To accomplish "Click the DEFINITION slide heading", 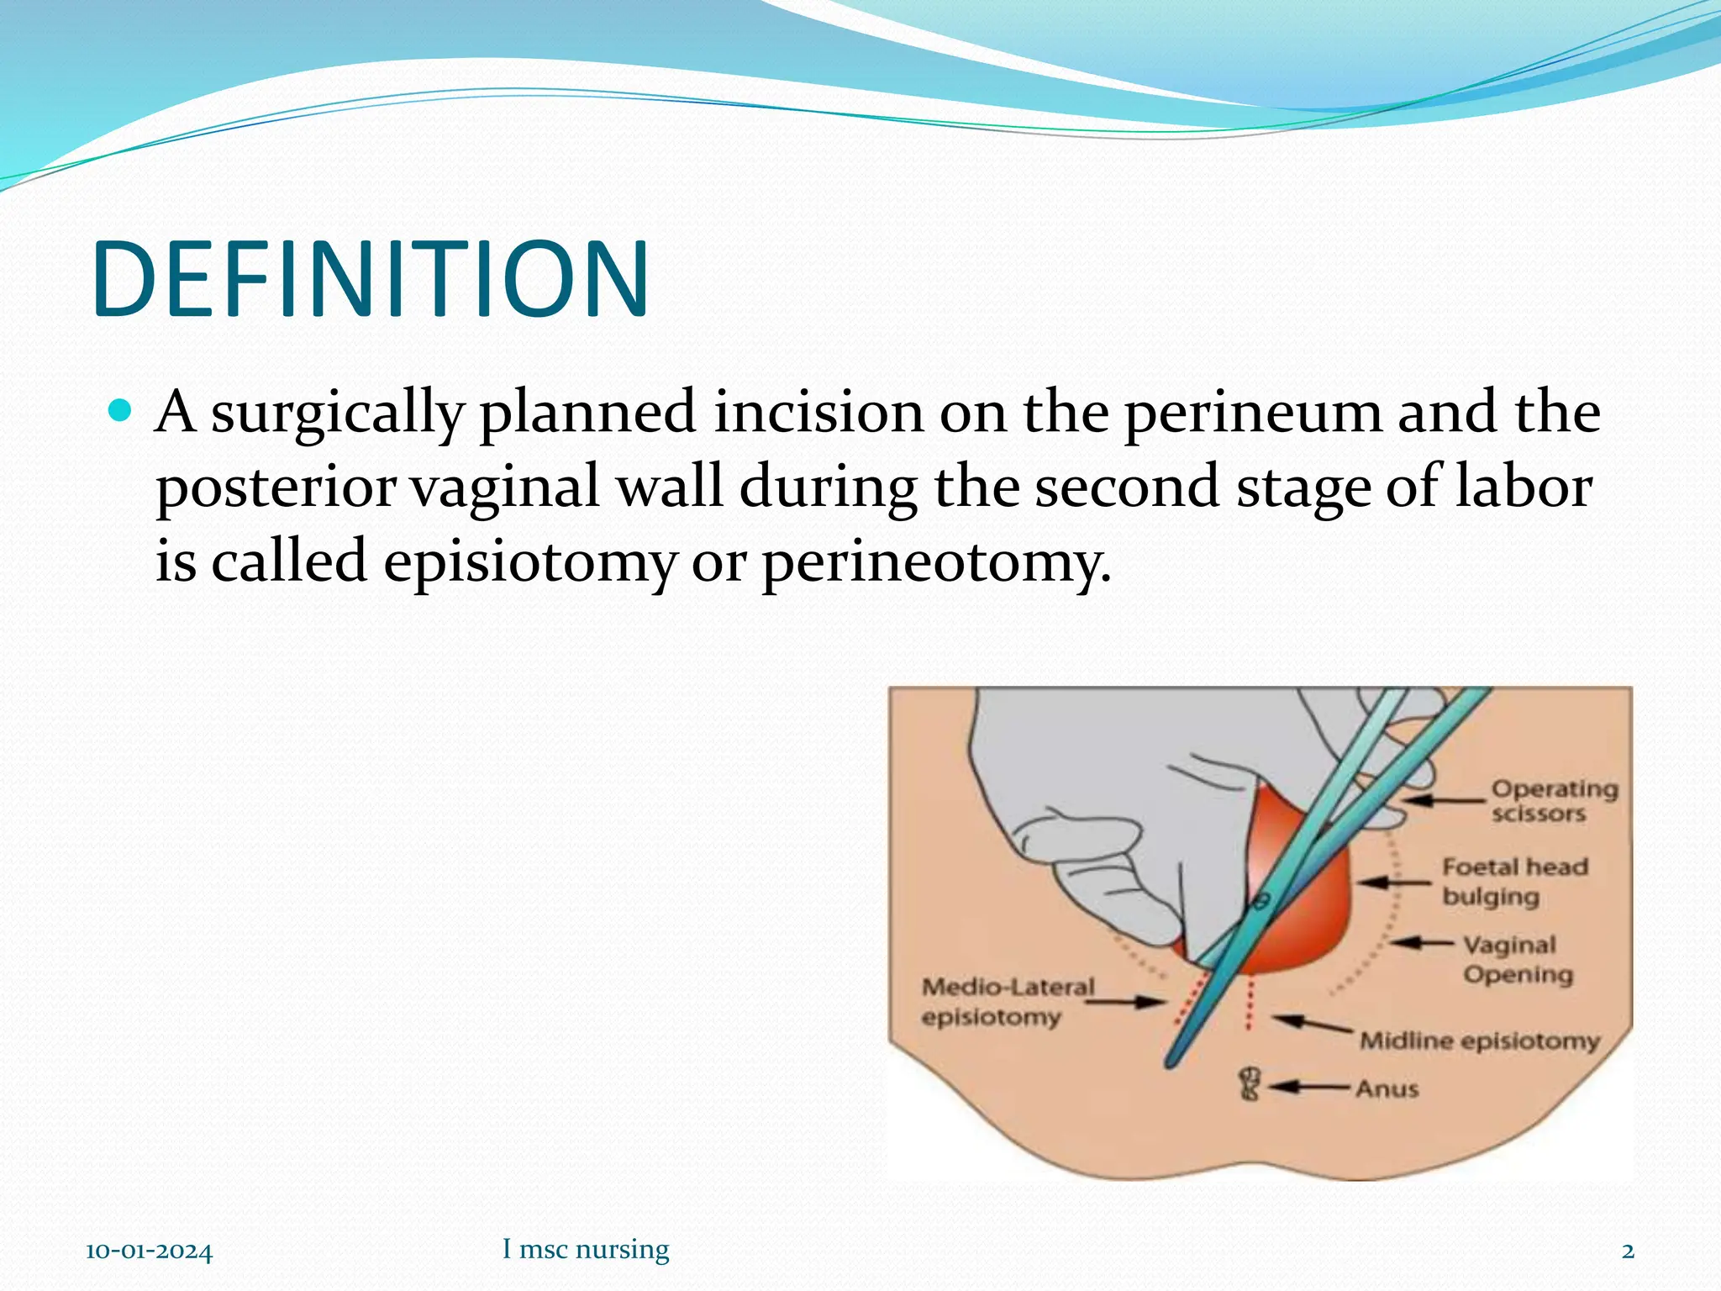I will point(371,280).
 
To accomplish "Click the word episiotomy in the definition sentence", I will point(529,561).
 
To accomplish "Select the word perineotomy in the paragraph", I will point(935,561).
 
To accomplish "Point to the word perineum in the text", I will point(1252,412).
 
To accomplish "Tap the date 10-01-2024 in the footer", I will point(149,1251).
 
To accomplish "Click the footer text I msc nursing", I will point(586,1249).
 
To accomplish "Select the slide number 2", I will point(1628,1251).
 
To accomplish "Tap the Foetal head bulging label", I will point(1514,881).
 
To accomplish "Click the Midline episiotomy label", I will point(1479,1041).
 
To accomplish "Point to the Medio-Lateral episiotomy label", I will point(1007,1001).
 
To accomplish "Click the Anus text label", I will point(1387,1088).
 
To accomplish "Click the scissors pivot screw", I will point(1259,903).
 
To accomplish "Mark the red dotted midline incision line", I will point(1250,1003).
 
